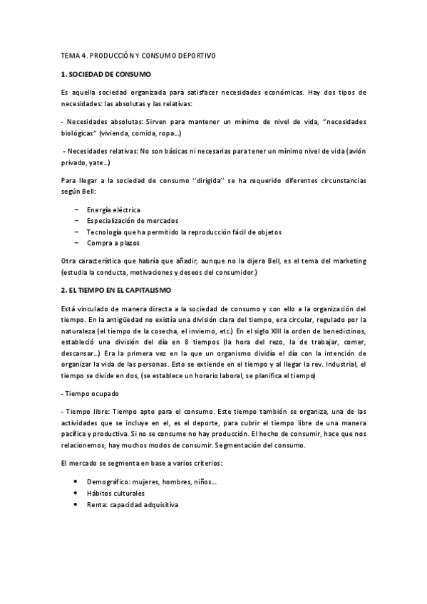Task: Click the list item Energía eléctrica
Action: coord(113,210)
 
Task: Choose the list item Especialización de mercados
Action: coord(133,221)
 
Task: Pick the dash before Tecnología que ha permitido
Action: coord(76,232)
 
